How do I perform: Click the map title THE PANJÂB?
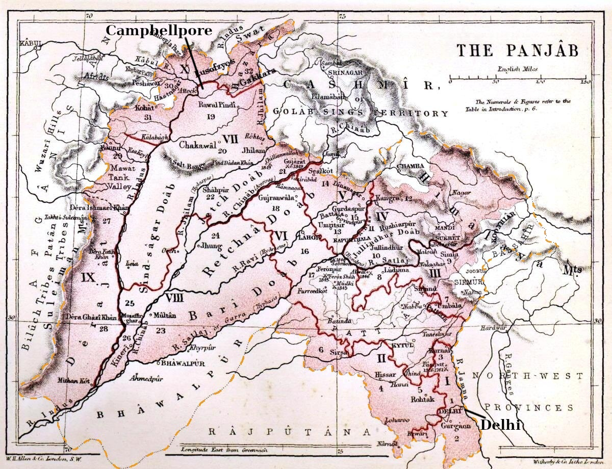517,50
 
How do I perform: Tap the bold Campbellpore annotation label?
158,31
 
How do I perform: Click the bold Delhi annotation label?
501,424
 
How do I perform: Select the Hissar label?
385,375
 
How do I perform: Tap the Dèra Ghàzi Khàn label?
90,317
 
